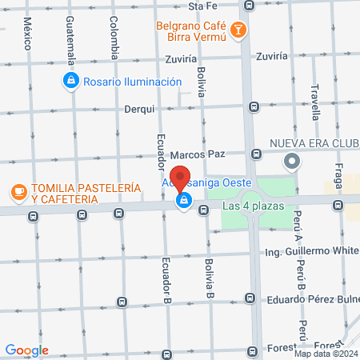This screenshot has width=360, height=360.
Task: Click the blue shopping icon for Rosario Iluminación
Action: pos(70,80)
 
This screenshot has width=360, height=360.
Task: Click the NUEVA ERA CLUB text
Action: pos(314,145)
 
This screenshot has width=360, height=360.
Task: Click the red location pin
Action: pos(181,180)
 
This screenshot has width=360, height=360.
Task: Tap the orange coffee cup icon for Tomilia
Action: pos(18,191)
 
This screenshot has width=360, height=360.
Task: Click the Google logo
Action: pos(26,350)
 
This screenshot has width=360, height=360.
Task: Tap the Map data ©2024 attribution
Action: pos(324,354)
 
